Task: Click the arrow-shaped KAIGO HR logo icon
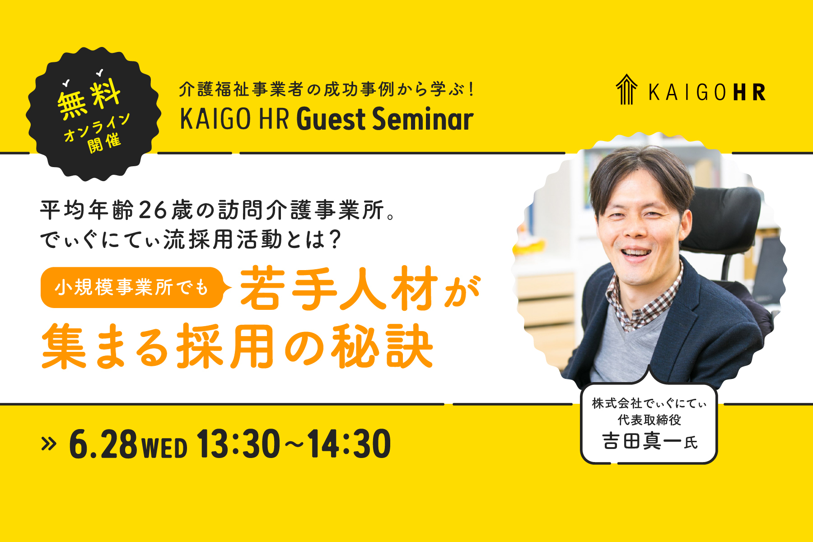point(626,89)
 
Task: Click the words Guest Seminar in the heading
point(385,119)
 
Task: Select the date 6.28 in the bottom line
point(103,444)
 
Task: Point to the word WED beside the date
point(164,448)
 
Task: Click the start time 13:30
point(238,444)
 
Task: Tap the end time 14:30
point(349,444)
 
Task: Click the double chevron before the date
point(48,444)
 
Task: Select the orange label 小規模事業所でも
point(131,287)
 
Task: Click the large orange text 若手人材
point(339,288)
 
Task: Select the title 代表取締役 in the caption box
point(649,420)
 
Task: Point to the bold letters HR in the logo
point(750,92)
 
